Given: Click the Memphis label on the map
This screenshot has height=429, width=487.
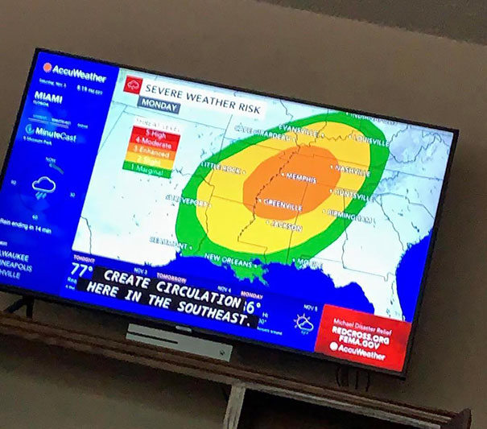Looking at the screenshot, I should (x=299, y=178).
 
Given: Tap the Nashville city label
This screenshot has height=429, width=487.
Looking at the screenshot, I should (x=352, y=170).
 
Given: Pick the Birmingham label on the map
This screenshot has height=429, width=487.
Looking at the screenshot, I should (x=350, y=216).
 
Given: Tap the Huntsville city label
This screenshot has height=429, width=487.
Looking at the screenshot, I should (x=353, y=196).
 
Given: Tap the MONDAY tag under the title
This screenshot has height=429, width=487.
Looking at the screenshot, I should (x=159, y=103).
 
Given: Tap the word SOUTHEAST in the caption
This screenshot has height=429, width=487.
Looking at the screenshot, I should (x=202, y=308).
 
